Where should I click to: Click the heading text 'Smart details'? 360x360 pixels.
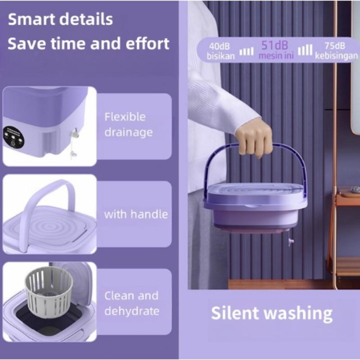(60, 20)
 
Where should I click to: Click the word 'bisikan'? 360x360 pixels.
(220, 57)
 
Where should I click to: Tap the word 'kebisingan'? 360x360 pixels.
(337, 57)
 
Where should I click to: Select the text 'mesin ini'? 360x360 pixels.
(275, 56)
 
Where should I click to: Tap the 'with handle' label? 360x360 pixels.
(135, 214)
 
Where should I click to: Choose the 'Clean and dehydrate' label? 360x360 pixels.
(131, 303)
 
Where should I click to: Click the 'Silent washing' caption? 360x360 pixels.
(272, 313)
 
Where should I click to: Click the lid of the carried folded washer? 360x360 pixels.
(255, 194)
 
